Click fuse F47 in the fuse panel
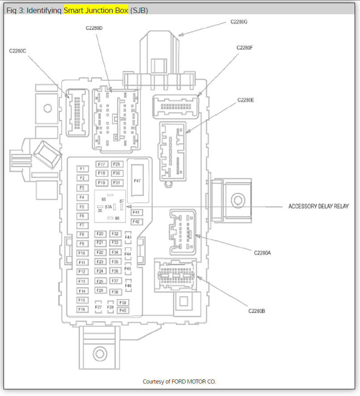137,181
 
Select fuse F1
82,169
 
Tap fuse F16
82,309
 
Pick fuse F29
116,165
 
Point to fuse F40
123,310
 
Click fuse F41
136,213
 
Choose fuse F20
100,234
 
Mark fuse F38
115,292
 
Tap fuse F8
82,235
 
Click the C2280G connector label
239,21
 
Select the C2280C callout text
18,51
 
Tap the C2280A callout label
262,252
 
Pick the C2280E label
245,100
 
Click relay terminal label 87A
108,207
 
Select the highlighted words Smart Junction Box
96,10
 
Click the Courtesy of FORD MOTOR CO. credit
179,382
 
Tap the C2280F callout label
245,47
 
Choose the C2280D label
94,28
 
